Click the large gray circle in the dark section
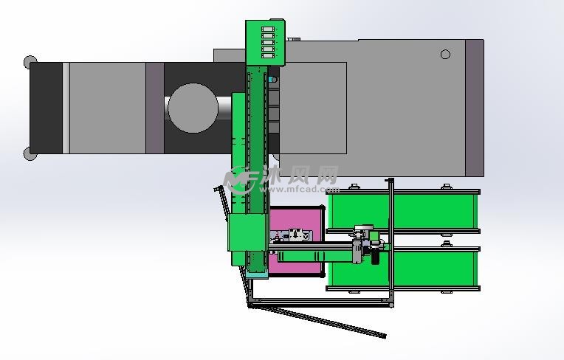(193, 108)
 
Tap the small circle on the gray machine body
(445, 55)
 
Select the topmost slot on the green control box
(268, 29)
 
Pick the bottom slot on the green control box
(268, 56)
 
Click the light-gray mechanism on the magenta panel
(291, 235)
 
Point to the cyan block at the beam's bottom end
(257, 276)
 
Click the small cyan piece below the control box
(270, 79)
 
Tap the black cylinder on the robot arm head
(375, 256)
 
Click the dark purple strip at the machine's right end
(475, 108)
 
